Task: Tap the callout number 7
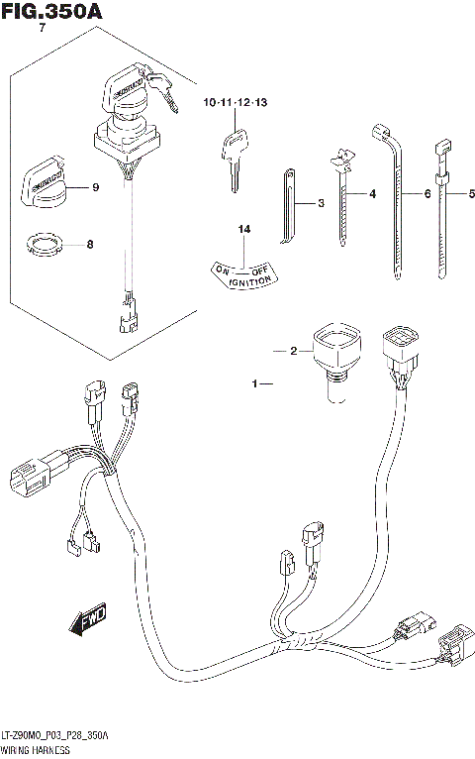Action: tap(41, 30)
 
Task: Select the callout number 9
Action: tap(96, 188)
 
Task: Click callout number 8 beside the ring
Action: tap(90, 244)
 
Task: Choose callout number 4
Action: tap(373, 194)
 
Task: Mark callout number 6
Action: tap(427, 194)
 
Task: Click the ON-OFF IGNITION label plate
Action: tap(241, 273)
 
